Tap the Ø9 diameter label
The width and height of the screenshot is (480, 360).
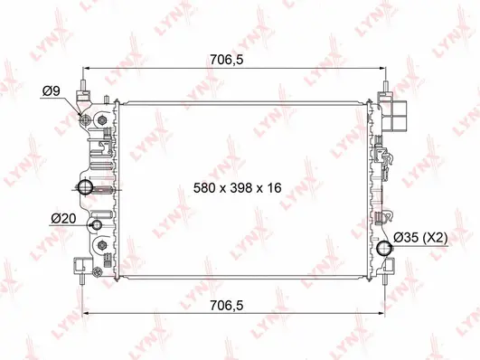pyautogui.click(x=52, y=90)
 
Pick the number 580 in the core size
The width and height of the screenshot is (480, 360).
pyautogui.click(x=207, y=188)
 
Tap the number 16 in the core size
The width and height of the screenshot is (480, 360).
pyautogui.click(x=275, y=188)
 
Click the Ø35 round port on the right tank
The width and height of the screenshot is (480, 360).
pyautogui.click(x=388, y=249)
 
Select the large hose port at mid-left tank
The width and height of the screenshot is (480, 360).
pyautogui.click(x=87, y=187)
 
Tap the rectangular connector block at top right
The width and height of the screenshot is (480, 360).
pyautogui.click(x=400, y=117)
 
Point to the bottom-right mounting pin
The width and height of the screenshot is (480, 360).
pyautogui.click(x=390, y=278)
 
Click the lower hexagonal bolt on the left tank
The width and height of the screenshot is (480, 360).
pyautogui.click(x=100, y=246)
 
